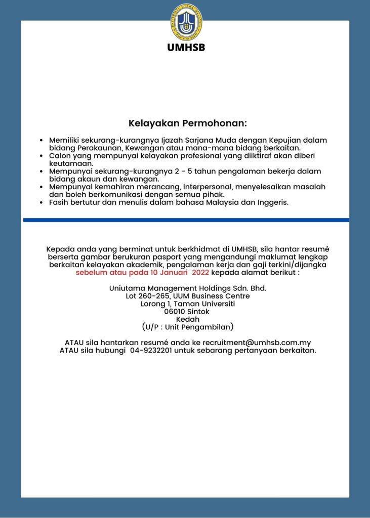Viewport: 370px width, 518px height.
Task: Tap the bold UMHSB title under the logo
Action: pos(187,48)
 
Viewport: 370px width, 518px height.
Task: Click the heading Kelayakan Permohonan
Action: pos(187,123)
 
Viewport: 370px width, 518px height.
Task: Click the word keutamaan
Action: pos(71,163)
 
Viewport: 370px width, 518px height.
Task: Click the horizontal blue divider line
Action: pos(186,220)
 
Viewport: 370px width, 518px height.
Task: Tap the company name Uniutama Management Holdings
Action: pos(187,288)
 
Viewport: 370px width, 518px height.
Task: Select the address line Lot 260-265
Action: pos(187,296)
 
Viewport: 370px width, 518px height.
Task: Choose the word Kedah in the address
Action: pos(187,319)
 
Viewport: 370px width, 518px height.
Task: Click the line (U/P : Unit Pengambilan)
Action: pos(187,327)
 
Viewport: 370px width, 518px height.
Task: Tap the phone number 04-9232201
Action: pos(150,351)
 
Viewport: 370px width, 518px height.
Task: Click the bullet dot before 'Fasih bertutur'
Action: pos(42,203)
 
